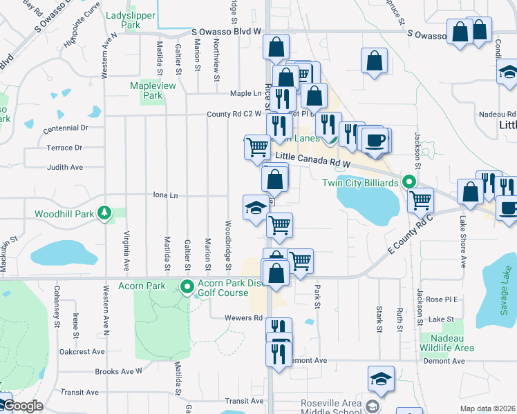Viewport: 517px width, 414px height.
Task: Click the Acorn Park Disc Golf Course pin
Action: click(x=186, y=286)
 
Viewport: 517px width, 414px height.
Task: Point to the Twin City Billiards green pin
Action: click(x=409, y=183)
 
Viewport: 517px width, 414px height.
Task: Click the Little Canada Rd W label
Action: click(x=313, y=161)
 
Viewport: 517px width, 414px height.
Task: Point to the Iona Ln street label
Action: click(x=164, y=196)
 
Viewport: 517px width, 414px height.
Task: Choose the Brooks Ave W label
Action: click(x=118, y=371)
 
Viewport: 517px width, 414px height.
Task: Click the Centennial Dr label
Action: click(x=66, y=128)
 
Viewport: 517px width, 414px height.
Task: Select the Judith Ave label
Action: click(x=64, y=167)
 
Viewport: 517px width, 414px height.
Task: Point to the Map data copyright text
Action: click(x=488, y=408)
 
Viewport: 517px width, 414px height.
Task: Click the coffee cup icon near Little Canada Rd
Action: click(x=375, y=141)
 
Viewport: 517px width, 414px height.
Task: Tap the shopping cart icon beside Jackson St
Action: click(x=420, y=200)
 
